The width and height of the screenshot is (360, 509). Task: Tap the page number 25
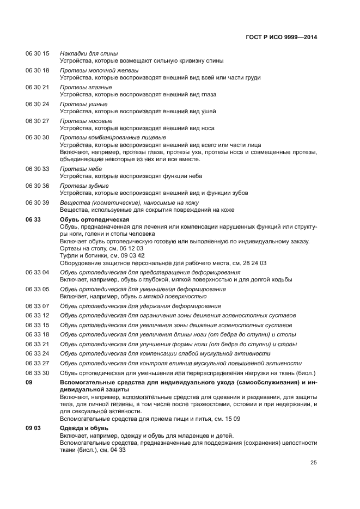click(314, 463)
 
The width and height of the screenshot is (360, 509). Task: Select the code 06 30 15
click(37, 53)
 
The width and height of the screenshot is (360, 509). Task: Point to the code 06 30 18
click(37, 70)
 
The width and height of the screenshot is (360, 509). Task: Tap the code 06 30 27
click(37, 121)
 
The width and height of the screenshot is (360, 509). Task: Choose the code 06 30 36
click(37, 186)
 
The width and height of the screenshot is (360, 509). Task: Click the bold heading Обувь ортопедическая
click(94, 219)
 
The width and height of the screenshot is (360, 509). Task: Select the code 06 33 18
click(37, 334)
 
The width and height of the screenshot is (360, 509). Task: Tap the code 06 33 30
click(37, 372)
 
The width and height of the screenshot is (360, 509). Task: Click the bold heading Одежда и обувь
click(84, 428)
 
